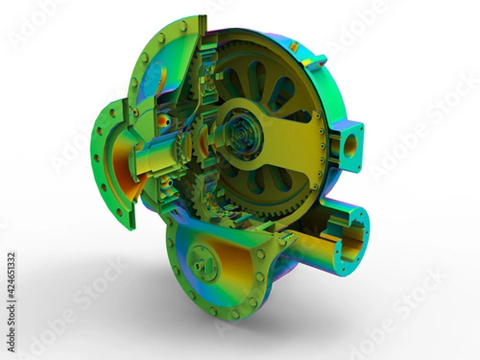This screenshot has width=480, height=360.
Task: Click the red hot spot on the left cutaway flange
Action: click(165, 122)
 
